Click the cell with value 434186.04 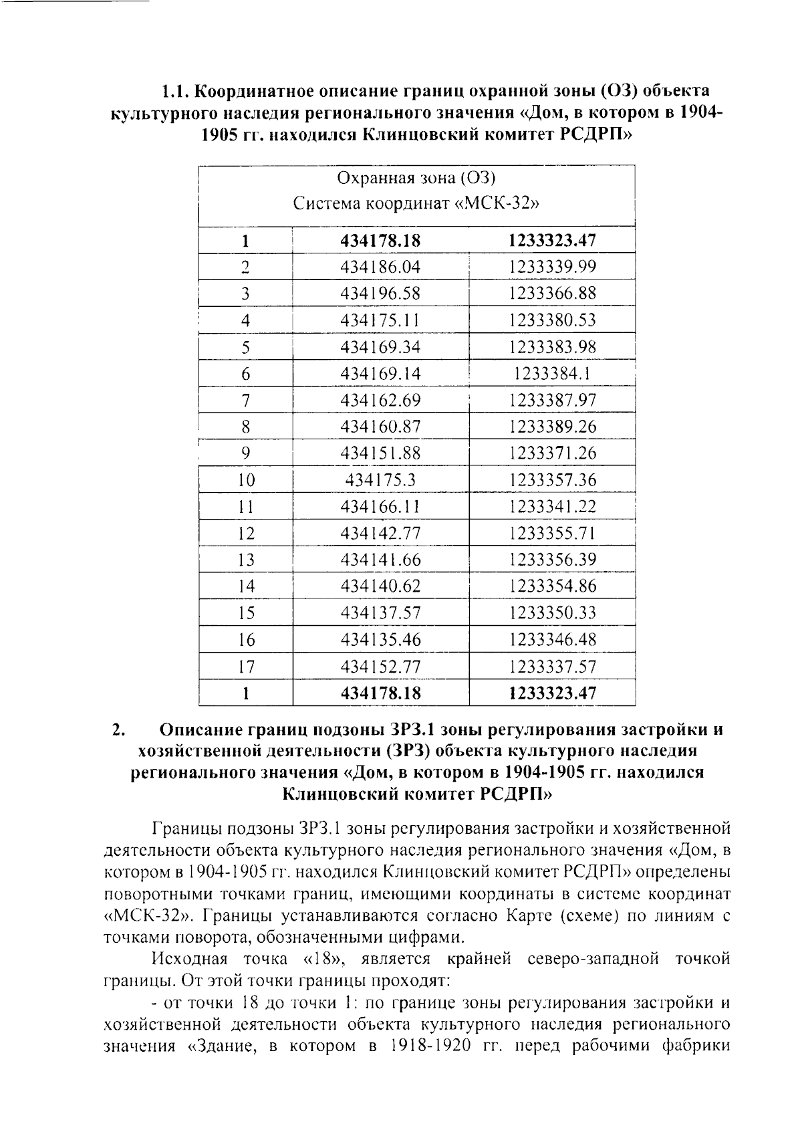coord(380,267)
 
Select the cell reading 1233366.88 coord(551,294)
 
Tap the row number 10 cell coord(246,480)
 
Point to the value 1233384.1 coord(551,374)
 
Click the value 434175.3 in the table coord(380,480)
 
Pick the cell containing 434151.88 coord(380,453)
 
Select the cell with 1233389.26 coord(551,427)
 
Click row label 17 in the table coord(246,667)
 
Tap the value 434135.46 coord(380,640)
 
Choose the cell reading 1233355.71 coord(551,534)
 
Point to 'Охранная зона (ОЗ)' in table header coord(416,178)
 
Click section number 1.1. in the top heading coord(179,90)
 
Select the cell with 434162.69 coord(380,401)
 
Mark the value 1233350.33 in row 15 coord(551,613)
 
